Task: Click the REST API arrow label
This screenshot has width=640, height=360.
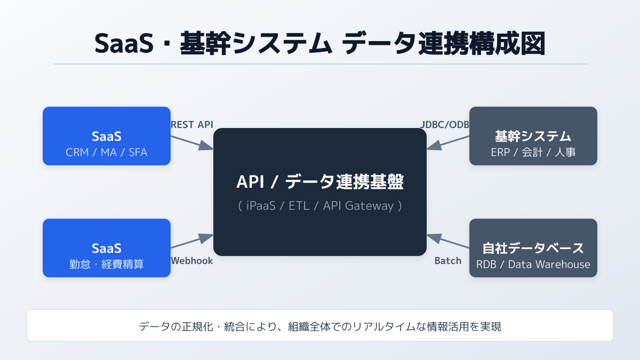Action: tap(191, 125)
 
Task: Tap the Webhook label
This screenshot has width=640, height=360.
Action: tap(191, 261)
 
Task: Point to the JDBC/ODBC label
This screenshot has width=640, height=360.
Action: tap(444, 125)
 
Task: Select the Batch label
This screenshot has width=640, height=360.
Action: tap(448, 261)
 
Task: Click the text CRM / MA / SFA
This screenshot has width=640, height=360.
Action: tap(107, 153)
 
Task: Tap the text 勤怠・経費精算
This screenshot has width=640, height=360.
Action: tap(107, 265)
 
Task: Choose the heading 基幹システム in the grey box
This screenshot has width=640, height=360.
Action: tap(533, 136)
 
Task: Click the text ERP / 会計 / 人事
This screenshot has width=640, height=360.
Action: tap(533, 153)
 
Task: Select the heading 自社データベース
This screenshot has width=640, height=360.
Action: tap(533, 248)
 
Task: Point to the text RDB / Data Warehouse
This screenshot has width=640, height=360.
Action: tap(533, 265)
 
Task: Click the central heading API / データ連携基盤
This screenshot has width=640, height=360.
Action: tap(320, 182)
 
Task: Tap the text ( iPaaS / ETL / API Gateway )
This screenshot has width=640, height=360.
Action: tap(320, 206)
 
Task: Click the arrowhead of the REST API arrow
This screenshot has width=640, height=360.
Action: tap(207, 146)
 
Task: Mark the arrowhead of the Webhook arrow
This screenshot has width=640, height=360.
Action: tap(207, 238)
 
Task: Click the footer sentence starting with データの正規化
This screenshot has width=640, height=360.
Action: tap(320, 326)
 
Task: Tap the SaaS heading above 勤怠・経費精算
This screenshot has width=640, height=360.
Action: tap(107, 248)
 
